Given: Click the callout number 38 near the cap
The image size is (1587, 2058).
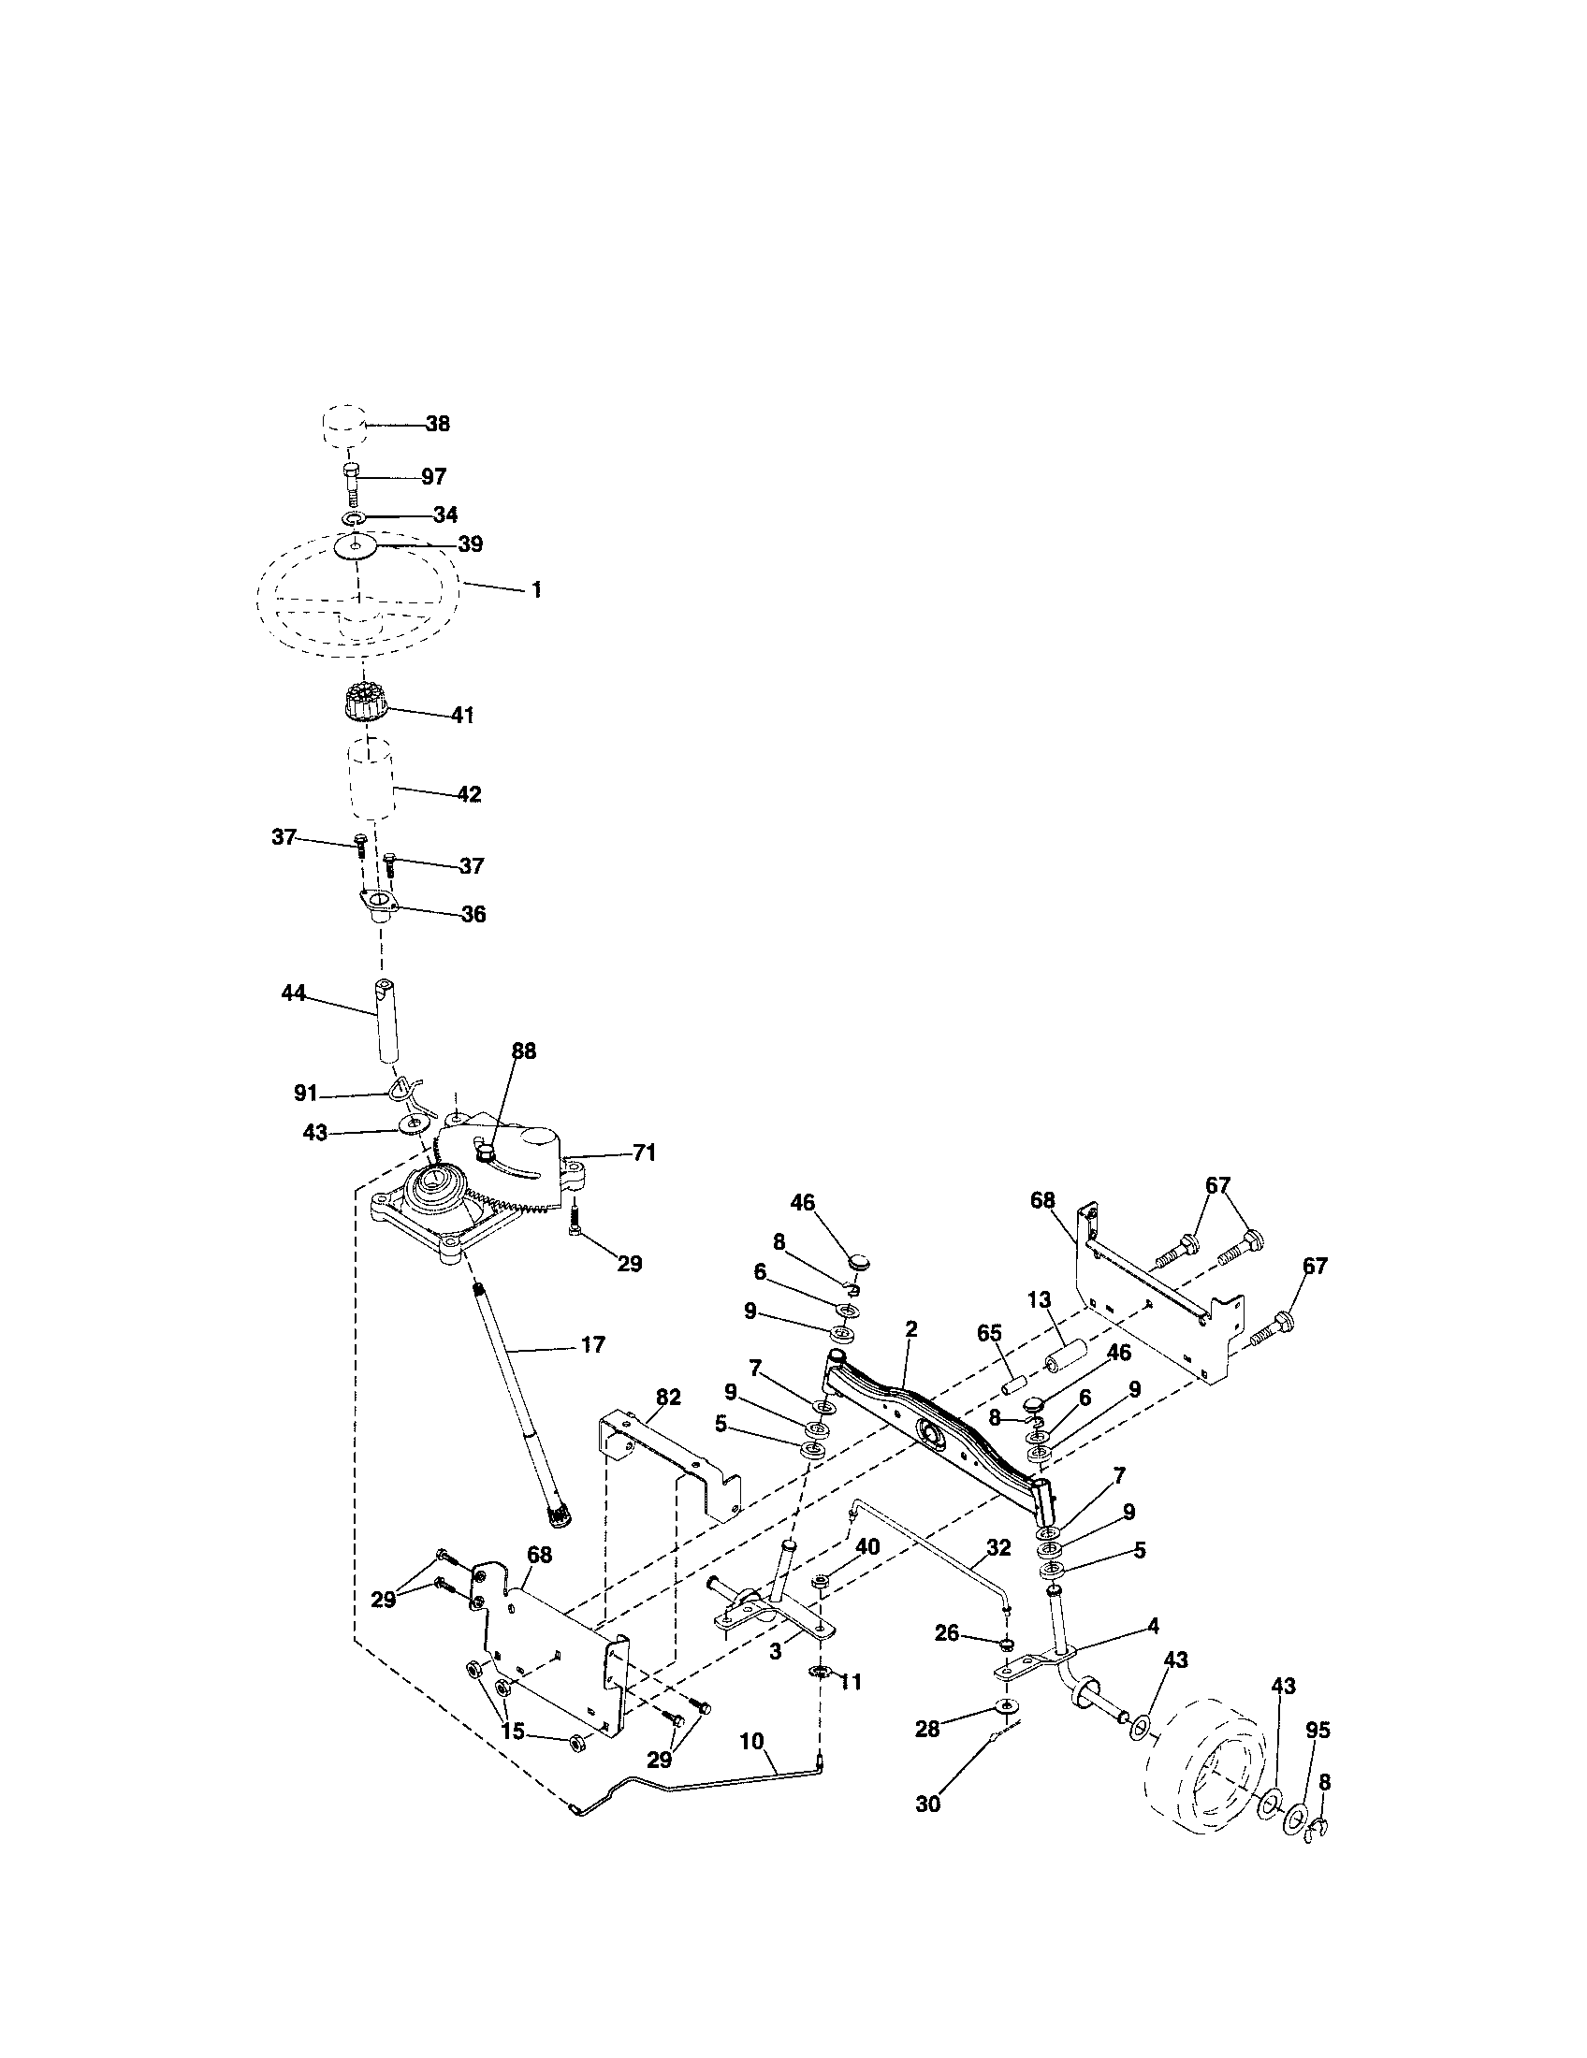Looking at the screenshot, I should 437,424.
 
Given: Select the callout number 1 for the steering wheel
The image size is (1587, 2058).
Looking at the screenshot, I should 536,591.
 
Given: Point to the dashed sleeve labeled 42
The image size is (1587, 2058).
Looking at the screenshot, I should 371,781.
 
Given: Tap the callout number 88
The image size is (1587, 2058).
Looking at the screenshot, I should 524,1051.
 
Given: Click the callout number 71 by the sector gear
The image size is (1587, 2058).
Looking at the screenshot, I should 645,1152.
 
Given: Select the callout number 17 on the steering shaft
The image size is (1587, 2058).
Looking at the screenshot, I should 591,1345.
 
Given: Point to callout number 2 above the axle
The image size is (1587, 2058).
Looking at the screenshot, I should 910,1329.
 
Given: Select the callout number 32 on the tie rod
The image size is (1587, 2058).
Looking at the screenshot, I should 998,1548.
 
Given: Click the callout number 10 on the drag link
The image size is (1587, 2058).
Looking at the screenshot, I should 751,1742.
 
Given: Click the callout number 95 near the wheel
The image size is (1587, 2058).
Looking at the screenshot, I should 1318,1730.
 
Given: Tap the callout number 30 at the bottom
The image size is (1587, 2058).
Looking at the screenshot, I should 928,1804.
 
